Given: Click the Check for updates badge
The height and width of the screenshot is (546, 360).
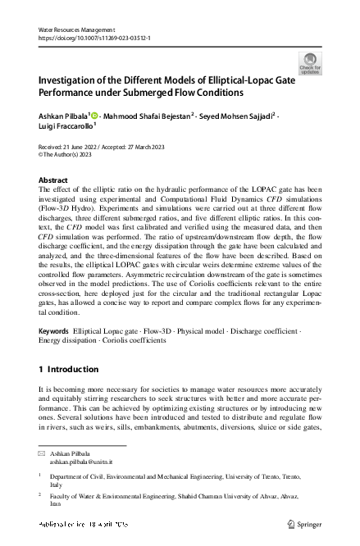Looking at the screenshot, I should pyautogui.click(x=310, y=63).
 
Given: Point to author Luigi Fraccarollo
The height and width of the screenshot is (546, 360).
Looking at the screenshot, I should pyautogui.click(x=66, y=127).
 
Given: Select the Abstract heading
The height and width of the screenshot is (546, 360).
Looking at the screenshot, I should pyautogui.click(x=54, y=180).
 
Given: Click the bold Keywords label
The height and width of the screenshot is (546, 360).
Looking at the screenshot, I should pyautogui.click(x=53, y=330).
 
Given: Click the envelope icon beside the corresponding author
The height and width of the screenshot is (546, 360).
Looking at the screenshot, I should pyautogui.click(x=43, y=453).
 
